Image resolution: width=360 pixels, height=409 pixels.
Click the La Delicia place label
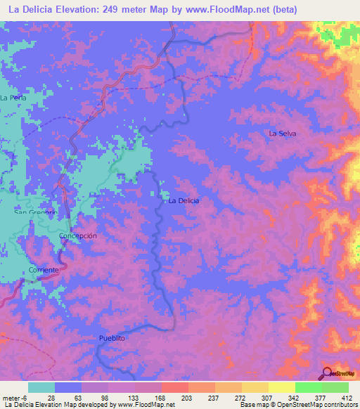(x=184, y=200)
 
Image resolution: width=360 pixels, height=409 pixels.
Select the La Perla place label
(x=13, y=98)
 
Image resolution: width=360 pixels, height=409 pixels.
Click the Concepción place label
(x=77, y=236)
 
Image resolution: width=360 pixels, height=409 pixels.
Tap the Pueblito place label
(x=111, y=338)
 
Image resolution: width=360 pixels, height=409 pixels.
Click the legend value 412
(x=345, y=397)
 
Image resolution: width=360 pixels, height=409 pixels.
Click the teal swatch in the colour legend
(x=41, y=387)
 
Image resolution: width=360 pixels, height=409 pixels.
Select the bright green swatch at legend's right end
(x=335, y=387)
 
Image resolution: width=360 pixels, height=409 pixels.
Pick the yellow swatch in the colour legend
(x=282, y=387)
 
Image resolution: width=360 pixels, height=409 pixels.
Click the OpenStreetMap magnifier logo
(x=327, y=373)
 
